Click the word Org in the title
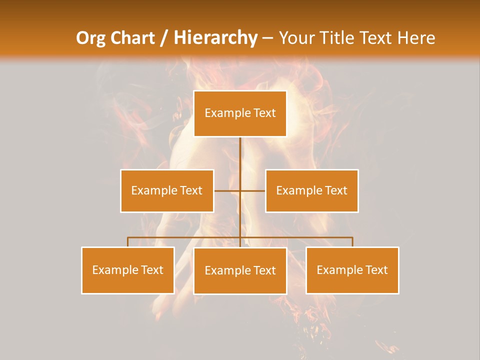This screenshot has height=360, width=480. (x=92, y=38)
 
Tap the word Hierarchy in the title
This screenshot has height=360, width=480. (x=215, y=38)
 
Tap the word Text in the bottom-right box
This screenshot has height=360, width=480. (x=376, y=270)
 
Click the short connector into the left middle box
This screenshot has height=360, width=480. (x=227, y=190)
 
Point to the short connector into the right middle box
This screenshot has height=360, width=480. (x=253, y=190)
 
